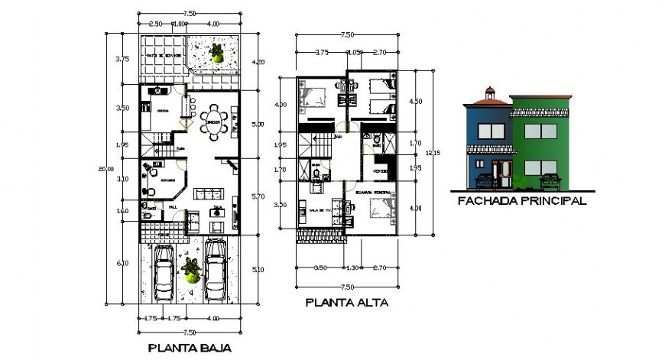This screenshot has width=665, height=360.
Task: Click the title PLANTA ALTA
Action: [346, 302]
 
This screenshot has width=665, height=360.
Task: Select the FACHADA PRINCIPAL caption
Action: [521, 202]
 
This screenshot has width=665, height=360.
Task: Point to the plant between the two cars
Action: [190, 268]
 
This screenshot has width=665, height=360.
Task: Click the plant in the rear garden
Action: [218, 54]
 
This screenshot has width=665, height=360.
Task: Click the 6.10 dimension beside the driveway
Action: [122, 264]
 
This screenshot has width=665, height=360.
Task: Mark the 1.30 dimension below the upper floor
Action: [352, 268]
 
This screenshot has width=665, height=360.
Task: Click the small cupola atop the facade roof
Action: [489, 94]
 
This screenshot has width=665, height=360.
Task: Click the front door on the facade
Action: [502, 174]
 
